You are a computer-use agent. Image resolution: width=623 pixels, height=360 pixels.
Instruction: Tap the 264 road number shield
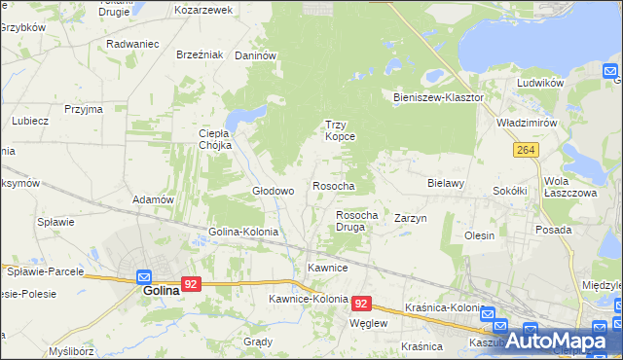tap(526, 149)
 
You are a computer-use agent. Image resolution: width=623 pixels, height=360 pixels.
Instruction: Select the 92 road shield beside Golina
tap(192, 285)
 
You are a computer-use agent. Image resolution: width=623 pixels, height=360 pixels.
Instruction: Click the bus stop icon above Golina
tap(144, 275)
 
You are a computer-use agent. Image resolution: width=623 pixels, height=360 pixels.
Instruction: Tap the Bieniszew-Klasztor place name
tap(438, 98)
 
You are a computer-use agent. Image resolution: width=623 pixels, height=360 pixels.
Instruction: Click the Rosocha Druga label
tap(356, 220)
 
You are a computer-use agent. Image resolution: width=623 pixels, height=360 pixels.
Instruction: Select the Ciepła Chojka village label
tap(214, 139)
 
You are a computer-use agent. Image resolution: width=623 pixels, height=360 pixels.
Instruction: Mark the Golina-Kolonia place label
tap(243, 233)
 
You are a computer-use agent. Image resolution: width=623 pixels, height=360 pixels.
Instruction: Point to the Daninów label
tap(257, 55)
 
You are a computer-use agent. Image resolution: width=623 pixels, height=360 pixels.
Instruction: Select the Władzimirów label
tap(526, 125)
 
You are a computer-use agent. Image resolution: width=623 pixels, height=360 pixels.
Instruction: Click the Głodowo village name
tap(274, 191)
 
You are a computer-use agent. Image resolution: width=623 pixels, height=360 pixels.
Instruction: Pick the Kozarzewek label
tap(202, 10)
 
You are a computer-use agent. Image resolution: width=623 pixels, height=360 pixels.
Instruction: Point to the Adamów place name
tap(153, 199)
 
